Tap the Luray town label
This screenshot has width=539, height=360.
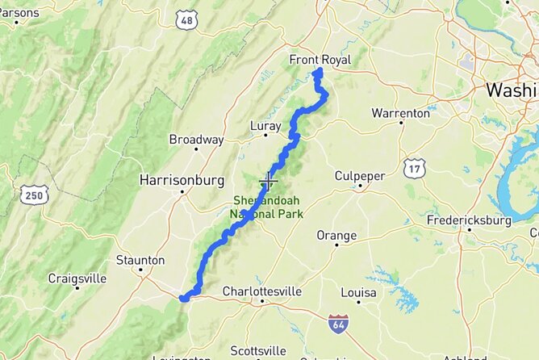265,126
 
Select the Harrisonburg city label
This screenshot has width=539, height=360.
181,179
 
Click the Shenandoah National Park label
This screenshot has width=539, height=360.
268,207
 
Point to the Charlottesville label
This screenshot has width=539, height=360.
261,291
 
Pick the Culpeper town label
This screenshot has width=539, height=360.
360,176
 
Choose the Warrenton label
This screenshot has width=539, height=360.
400,113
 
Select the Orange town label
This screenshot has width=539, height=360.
336,236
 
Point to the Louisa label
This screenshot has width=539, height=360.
359,291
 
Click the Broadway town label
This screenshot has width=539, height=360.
196,140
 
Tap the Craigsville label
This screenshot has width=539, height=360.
77,278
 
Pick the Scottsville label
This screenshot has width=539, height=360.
257,350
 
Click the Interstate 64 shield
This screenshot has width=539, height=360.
339,324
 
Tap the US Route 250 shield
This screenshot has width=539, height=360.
36,195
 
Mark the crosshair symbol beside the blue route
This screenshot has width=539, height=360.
268,182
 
